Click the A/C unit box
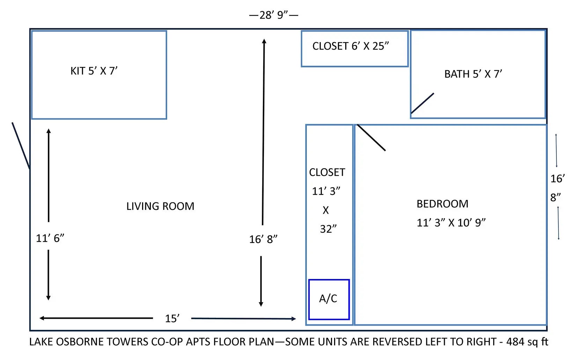(x=328, y=299)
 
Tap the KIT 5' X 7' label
(x=94, y=71)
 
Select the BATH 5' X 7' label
(x=473, y=74)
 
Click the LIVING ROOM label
(x=160, y=206)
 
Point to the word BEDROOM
(x=442, y=204)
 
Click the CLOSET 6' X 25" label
(x=350, y=46)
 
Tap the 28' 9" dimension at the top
(x=274, y=15)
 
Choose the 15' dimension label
(x=172, y=318)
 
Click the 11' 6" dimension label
(x=50, y=238)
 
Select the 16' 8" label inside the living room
(x=263, y=240)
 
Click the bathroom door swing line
(x=422, y=103)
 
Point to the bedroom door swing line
(x=371, y=138)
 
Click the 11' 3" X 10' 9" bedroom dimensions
(x=451, y=223)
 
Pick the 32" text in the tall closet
(x=328, y=229)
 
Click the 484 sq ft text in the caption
(x=527, y=342)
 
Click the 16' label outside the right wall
(x=557, y=179)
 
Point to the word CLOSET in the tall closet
(x=327, y=172)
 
